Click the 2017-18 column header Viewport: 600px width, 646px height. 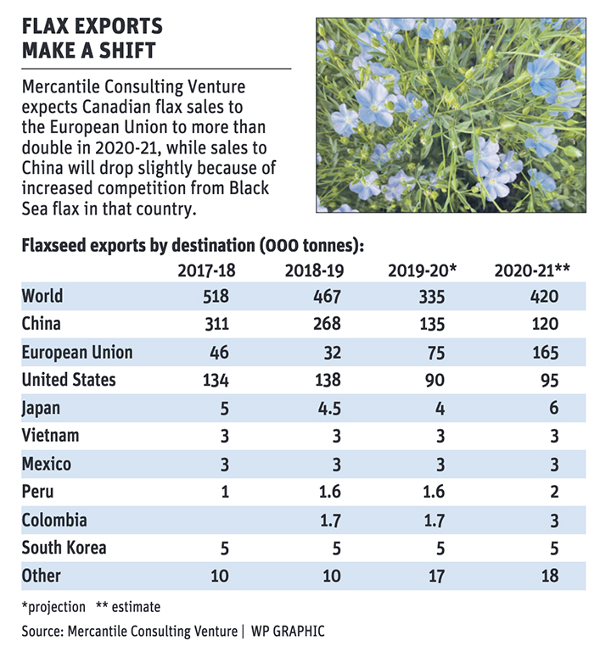[206, 270]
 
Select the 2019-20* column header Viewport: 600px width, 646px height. [423, 270]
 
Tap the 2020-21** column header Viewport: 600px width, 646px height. [532, 270]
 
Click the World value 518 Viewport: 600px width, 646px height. [216, 297]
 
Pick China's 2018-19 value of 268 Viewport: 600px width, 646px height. [327, 324]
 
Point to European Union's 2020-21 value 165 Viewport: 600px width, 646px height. [545, 353]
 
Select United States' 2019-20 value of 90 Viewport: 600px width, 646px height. [435, 380]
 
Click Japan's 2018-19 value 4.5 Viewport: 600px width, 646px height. [329, 409]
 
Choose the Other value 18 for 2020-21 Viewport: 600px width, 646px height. [550, 576]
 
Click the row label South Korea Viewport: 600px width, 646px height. [64, 548]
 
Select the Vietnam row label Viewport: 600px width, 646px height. [50, 436]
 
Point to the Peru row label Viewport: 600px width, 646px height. [37, 492]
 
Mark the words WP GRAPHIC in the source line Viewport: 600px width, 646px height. [288, 632]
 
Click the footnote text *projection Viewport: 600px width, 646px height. [53, 607]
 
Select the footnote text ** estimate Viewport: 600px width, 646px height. [128, 607]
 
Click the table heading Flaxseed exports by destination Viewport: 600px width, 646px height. [138, 246]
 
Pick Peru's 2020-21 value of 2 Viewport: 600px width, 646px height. [554, 492]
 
